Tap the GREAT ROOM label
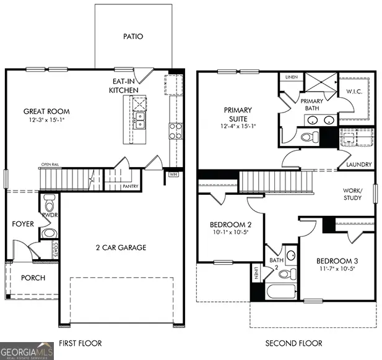pyautogui.click(x=46, y=111)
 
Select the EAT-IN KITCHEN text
pyautogui.click(x=123, y=85)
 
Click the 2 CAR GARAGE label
pyautogui.click(x=120, y=247)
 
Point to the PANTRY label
pyautogui.click(x=130, y=186)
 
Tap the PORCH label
pyautogui.click(x=33, y=278)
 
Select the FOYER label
pyautogui.click(x=23, y=224)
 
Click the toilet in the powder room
pyautogui.click(x=50, y=201)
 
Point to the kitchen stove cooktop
pyautogui.click(x=176, y=130)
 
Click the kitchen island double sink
pyautogui.click(x=141, y=118)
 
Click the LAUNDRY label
pyautogui.click(x=358, y=165)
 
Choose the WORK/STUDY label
pyautogui.click(x=357, y=195)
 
